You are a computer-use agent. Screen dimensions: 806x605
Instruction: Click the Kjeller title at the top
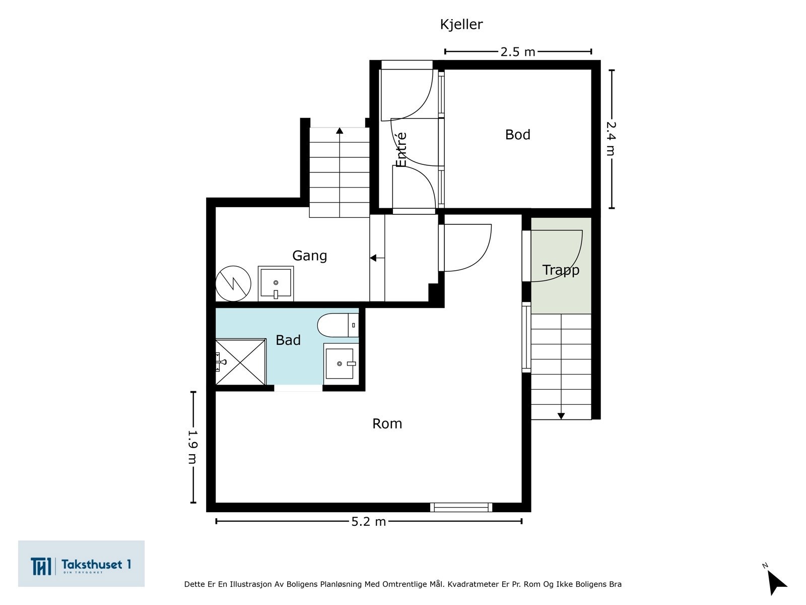pyautogui.click(x=461, y=25)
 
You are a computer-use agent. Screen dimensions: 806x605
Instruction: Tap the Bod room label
pyautogui.click(x=518, y=135)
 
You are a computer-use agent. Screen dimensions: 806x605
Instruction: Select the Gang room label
pyautogui.click(x=309, y=256)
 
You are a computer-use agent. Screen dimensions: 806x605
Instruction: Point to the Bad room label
pyautogui.click(x=288, y=340)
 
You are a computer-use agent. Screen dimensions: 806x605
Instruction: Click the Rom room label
pyautogui.click(x=387, y=423)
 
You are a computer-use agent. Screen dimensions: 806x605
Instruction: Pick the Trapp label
pyautogui.click(x=561, y=270)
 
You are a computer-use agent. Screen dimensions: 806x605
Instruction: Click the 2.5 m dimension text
pyautogui.click(x=518, y=52)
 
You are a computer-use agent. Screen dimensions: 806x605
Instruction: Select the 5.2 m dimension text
pyautogui.click(x=369, y=522)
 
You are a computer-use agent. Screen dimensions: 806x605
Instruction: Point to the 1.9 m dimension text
pyautogui.click(x=193, y=447)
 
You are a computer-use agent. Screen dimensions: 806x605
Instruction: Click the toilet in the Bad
pyautogui.click(x=338, y=325)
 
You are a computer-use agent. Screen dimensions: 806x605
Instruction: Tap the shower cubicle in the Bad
pyautogui.click(x=240, y=362)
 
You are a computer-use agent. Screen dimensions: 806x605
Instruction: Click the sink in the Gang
pyautogui.click(x=276, y=283)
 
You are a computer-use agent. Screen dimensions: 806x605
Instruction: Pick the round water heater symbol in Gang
pyautogui.click(x=233, y=283)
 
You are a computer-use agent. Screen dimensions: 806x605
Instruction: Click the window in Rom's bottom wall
pyautogui.click(x=461, y=507)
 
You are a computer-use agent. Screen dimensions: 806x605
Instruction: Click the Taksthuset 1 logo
pyautogui.click(x=81, y=564)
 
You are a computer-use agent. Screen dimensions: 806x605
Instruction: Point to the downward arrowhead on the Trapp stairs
pyautogui.click(x=561, y=416)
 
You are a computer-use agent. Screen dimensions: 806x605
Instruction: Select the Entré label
pyautogui.click(x=401, y=150)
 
